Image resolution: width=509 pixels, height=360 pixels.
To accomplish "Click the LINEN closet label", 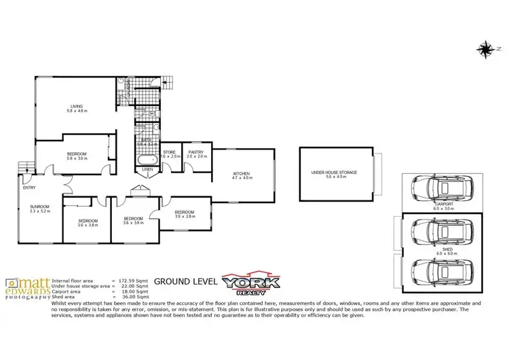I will (147, 169).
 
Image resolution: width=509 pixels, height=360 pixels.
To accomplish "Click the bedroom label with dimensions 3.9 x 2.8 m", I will (184, 214).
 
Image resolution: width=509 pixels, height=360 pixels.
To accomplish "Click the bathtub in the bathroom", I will (146, 160).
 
